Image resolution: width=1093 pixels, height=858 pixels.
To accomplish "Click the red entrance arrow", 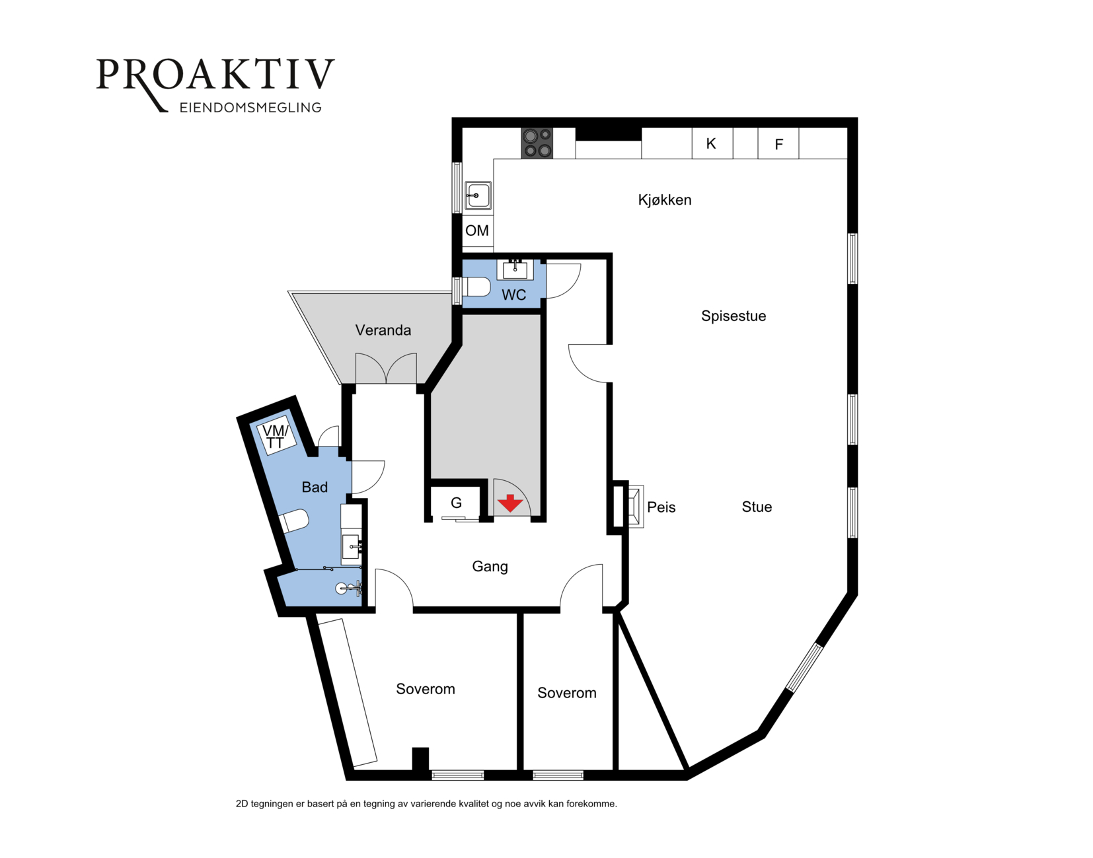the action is tap(510, 503).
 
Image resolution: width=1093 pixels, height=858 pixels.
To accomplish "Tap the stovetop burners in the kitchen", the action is tap(537, 143).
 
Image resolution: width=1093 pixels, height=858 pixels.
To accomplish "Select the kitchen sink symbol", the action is tap(478, 195).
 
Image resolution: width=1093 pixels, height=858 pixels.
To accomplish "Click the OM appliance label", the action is tap(477, 231).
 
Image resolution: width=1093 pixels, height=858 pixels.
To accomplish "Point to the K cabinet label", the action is tap(711, 144).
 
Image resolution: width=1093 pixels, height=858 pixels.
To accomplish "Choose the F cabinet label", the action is tap(778, 145).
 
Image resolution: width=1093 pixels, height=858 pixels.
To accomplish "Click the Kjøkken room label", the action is tap(664, 200).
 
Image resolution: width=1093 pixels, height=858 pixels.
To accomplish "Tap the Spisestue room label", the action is tap(734, 316).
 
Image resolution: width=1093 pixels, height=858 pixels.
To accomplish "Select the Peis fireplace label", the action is tap(661, 507).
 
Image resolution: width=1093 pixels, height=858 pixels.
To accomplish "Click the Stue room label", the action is tap(757, 507).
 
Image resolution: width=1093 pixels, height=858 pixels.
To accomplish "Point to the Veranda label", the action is tap(383, 330).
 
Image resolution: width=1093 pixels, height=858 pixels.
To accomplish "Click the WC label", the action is tap(513, 295).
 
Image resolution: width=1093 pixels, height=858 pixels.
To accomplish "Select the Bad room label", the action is tap(315, 487).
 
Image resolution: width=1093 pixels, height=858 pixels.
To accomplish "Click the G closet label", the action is tap(456, 503).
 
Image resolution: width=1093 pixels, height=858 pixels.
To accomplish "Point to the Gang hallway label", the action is tap(490, 567).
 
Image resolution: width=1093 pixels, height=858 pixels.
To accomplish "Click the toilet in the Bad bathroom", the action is tap(293, 521).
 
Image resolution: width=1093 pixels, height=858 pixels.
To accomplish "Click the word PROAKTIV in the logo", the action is tap(215, 75).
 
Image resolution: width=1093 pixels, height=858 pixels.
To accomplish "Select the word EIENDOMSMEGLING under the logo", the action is tap(250, 108).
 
